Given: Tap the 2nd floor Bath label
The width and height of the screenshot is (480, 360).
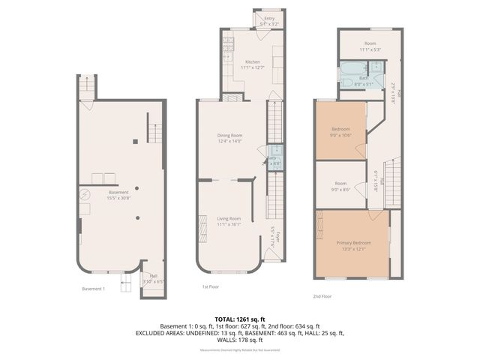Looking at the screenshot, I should [363, 78].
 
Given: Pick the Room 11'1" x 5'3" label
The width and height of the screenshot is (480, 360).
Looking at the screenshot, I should [370, 46].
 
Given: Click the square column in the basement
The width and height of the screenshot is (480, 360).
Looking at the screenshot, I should [134, 141].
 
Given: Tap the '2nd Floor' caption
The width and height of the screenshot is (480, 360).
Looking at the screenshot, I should [323, 296].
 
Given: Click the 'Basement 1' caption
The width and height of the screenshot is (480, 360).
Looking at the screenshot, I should [93, 289].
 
